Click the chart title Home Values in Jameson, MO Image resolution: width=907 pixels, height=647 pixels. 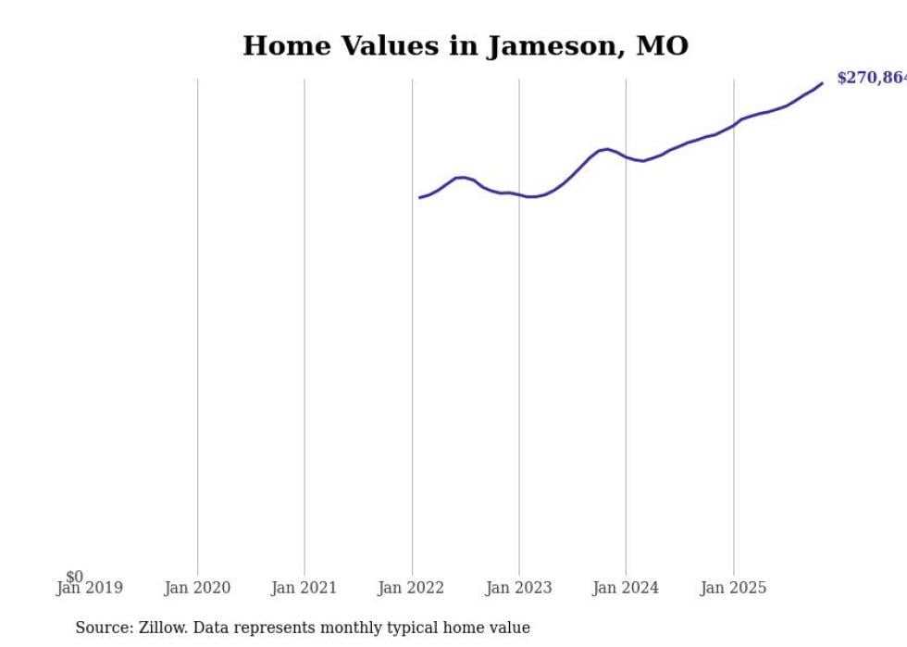click(x=466, y=45)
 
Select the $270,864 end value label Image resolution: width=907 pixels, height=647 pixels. click(x=871, y=78)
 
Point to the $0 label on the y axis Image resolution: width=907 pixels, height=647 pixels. click(x=74, y=577)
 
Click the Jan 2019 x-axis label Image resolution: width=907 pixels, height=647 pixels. click(x=89, y=588)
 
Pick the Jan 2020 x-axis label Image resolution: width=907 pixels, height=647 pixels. click(x=197, y=588)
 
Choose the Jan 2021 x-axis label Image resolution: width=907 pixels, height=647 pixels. click(x=304, y=588)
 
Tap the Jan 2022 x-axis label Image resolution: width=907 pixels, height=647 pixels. click(x=412, y=588)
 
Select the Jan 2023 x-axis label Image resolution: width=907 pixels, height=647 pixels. click(x=519, y=588)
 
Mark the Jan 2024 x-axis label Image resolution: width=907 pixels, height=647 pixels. click(x=626, y=588)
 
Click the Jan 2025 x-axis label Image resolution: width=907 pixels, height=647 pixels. click(x=734, y=588)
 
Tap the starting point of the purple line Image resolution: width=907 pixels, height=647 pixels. click(x=419, y=197)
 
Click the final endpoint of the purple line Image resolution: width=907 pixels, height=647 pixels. click(x=822, y=83)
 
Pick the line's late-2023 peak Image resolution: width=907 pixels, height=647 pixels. click(x=606, y=149)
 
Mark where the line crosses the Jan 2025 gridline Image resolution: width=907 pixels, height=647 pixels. click(x=734, y=123)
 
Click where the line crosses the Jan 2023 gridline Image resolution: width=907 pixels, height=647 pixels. click(x=519, y=194)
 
